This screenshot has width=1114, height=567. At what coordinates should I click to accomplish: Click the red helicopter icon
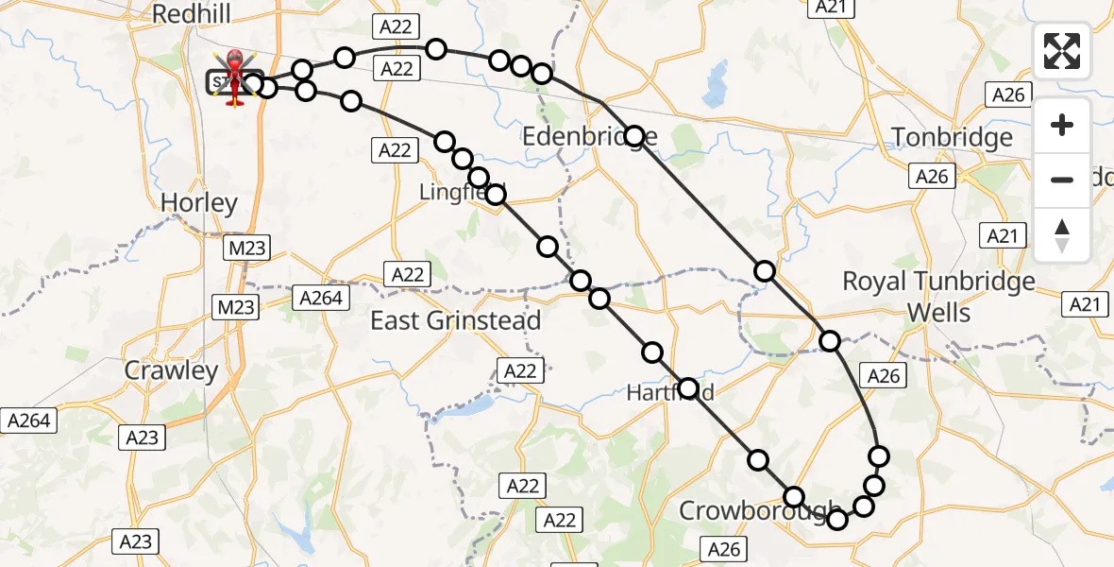pos(233,76)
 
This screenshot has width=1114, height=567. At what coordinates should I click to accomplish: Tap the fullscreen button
pos(1062,51)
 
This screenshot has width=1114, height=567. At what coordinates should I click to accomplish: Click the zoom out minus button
pos(1062,180)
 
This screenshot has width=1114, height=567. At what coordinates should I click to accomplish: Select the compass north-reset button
pos(1062,235)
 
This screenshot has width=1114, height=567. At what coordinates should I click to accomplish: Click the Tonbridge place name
pos(952,138)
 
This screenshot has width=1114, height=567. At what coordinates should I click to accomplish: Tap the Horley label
pos(198,202)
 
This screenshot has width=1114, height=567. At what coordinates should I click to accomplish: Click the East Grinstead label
pos(455,320)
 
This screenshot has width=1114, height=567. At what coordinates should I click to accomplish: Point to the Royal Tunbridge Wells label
pos(937,296)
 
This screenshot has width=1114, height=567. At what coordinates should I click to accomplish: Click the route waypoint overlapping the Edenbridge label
pos(634,136)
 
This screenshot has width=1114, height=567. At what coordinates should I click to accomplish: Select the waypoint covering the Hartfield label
pos(688,388)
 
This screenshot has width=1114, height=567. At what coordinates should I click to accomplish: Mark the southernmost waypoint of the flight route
pos(836,518)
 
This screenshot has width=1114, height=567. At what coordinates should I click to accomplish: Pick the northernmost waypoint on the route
pos(436,48)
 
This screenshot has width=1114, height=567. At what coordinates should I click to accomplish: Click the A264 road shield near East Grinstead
pos(321,297)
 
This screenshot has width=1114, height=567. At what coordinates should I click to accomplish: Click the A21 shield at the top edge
pos(829,7)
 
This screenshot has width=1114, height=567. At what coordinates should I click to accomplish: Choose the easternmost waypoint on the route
pos(879,456)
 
